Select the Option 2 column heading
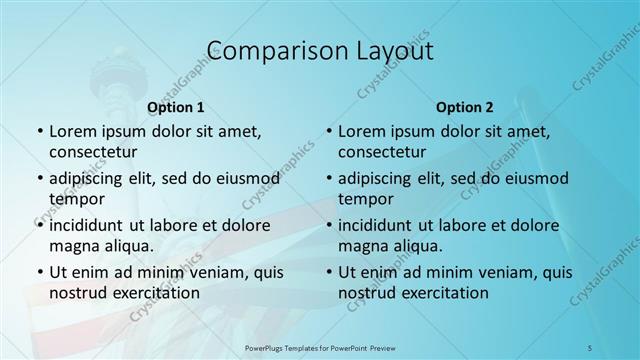(464, 107)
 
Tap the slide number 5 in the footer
(589, 347)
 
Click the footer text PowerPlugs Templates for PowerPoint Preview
(319, 347)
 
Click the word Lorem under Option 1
(73, 131)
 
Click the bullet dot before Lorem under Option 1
(39, 132)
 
